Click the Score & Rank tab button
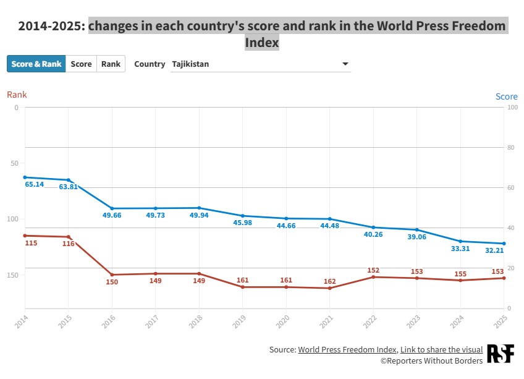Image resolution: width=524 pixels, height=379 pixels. tap(36, 64)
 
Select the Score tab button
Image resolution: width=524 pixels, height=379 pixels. tap(81, 64)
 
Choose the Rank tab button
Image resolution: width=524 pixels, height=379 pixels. tap(111, 64)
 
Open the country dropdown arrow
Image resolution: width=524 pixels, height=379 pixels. tap(345, 64)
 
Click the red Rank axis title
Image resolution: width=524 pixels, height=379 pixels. tap(17, 95)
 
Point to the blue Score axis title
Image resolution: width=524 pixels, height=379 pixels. tap(506, 96)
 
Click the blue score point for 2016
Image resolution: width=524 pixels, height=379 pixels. tap(112, 208)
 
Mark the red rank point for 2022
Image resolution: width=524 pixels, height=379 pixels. tap(373, 277)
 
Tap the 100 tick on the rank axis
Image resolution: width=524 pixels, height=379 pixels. tap(12, 219)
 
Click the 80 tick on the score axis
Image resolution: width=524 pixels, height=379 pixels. tap(512, 147)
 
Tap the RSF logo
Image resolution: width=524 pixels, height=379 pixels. tap(501, 354)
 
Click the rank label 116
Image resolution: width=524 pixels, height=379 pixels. tap(68, 244)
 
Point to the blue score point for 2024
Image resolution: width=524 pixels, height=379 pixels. tap(460, 241)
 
